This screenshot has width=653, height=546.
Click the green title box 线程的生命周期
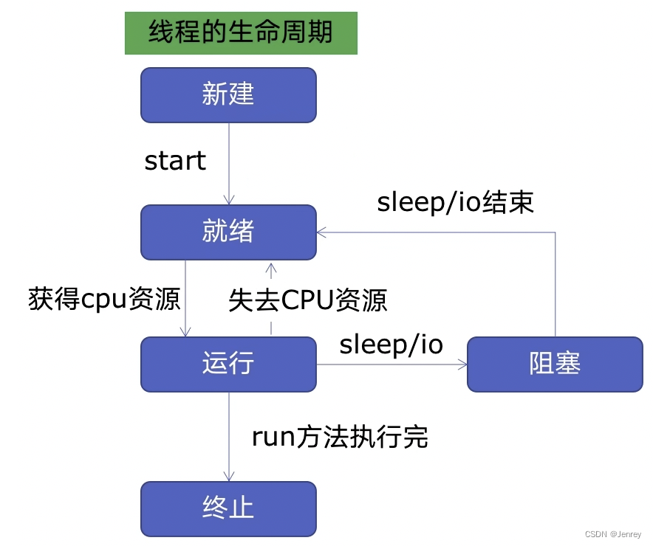[241, 33]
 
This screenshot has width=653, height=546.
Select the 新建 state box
[228, 94]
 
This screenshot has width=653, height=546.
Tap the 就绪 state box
[228, 232]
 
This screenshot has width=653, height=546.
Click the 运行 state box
[228, 364]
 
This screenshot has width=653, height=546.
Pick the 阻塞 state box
[555, 364]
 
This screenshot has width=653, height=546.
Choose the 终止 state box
[228, 508]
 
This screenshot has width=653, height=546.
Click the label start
[175, 161]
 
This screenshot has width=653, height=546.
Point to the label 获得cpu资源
[104, 300]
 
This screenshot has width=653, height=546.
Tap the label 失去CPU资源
[308, 300]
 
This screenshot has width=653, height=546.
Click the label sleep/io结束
[455, 203]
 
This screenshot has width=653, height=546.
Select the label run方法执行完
[340, 438]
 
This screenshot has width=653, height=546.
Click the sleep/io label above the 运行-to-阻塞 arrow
[391, 345]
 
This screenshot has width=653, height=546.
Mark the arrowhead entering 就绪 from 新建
[229, 200]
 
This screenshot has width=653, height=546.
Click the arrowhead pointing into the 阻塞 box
[462, 364]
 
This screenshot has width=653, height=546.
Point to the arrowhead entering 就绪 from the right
[321, 232]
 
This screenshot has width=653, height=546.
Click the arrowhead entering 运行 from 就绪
[185, 332]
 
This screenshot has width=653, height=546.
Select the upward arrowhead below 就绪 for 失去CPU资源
[271, 266]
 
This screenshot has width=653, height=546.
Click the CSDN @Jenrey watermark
[613, 534]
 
